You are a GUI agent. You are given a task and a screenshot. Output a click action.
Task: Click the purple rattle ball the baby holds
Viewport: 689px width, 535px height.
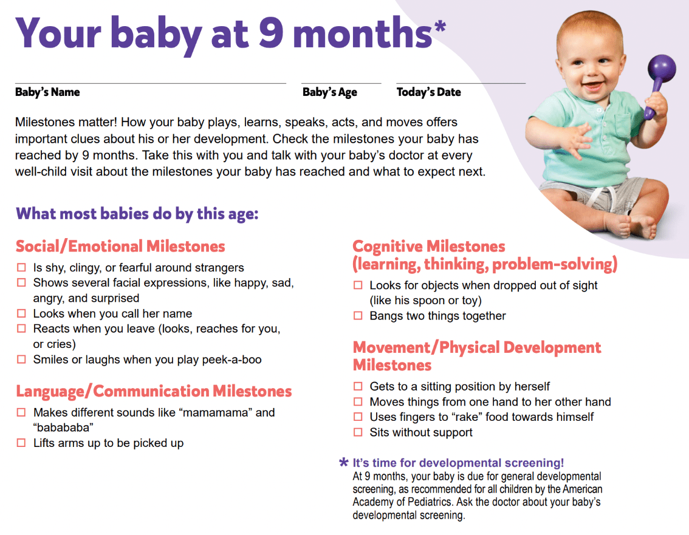pyautogui.click(x=661, y=69)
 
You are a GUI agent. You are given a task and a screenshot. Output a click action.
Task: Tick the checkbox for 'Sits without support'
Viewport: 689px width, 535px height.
pyautogui.click(x=358, y=432)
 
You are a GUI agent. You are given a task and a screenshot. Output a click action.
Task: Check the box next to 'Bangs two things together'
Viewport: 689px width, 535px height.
pyautogui.click(x=358, y=316)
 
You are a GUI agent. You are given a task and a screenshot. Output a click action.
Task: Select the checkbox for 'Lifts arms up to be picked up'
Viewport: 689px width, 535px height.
pyautogui.click(x=21, y=443)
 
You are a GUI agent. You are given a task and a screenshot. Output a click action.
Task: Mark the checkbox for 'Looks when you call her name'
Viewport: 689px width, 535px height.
pyautogui.click(x=21, y=313)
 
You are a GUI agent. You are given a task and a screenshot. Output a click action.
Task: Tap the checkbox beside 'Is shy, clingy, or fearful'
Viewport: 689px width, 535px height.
pyautogui.click(x=21, y=267)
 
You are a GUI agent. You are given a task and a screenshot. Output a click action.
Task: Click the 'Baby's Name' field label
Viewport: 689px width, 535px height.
pyautogui.click(x=47, y=92)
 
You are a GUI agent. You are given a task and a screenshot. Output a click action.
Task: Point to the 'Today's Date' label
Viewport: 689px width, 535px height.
pyautogui.click(x=429, y=92)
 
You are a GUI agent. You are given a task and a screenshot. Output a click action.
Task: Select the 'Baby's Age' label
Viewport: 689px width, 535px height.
pyautogui.click(x=329, y=92)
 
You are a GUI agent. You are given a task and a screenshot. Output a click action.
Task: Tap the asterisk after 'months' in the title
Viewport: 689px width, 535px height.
pyautogui.click(x=440, y=26)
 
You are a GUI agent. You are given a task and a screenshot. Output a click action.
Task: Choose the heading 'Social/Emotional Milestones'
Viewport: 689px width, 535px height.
pyautogui.click(x=120, y=246)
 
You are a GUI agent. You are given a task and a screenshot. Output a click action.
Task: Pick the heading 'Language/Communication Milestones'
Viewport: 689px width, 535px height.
pyautogui.click(x=154, y=391)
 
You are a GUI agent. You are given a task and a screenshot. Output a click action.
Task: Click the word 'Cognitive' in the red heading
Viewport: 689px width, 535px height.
pyautogui.click(x=386, y=247)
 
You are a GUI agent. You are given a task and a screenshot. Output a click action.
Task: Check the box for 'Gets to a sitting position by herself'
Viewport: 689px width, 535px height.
pyautogui.click(x=358, y=386)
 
